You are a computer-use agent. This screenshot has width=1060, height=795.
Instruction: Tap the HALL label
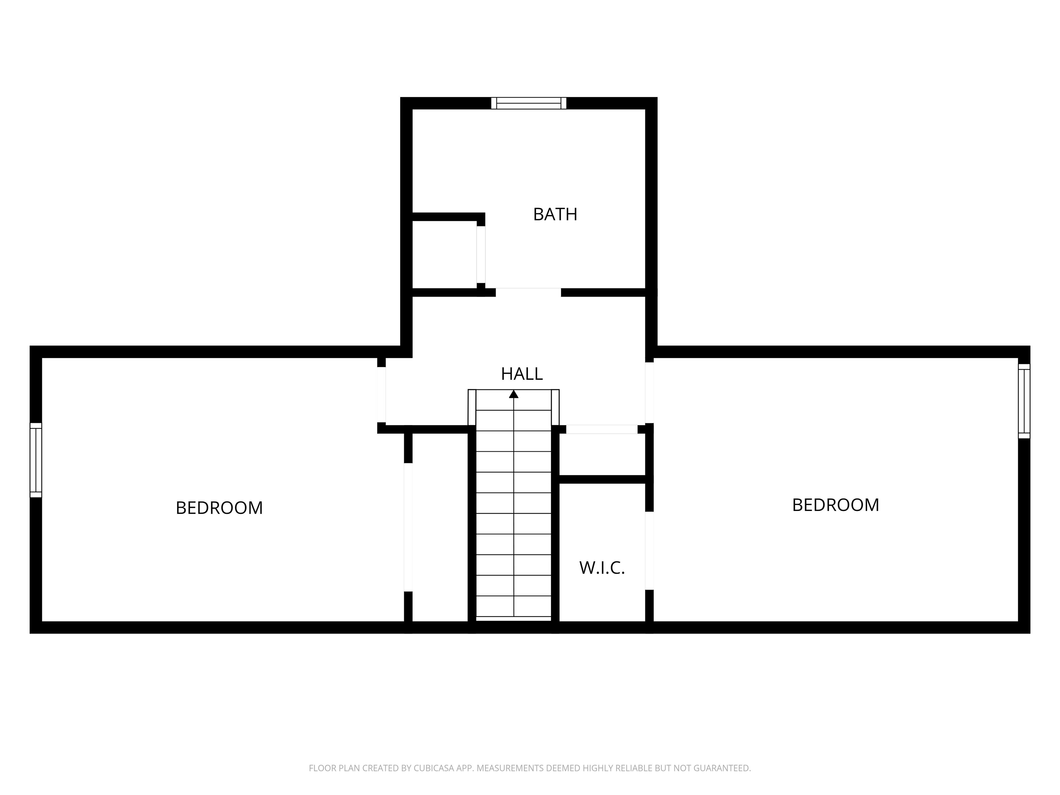(522, 374)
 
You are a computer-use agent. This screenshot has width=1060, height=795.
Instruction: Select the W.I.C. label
(602, 568)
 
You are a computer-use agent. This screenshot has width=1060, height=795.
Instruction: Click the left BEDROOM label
(219, 508)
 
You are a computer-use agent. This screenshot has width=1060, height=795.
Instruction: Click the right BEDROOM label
(835, 505)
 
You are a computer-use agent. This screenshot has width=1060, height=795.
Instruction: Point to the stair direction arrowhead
(514, 394)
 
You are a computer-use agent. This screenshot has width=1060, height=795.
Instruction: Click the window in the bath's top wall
(529, 103)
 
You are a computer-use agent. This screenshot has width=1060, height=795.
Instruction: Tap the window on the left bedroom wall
(36, 460)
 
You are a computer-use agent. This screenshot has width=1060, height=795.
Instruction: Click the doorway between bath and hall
(528, 292)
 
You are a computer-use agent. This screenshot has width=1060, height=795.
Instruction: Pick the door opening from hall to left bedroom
(381, 394)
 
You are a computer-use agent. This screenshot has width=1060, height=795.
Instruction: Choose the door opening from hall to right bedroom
(649, 392)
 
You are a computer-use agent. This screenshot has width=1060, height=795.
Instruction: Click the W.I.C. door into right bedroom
(649, 551)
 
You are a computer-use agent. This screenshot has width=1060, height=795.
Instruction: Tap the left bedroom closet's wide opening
(408, 527)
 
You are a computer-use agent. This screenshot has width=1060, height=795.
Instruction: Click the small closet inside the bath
(444, 254)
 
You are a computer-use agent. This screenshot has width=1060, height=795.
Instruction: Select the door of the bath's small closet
(481, 254)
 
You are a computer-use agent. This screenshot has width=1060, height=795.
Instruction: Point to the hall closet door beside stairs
(602, 429)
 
